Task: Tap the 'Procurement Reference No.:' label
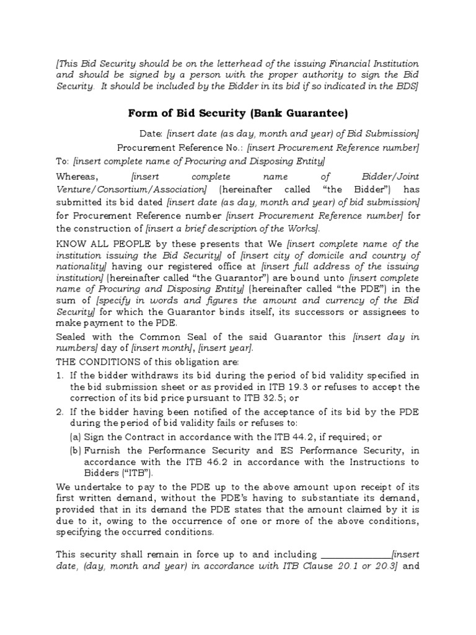180,148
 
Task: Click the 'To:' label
63,161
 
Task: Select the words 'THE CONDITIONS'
94,362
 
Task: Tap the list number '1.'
60,375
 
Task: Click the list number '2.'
60,412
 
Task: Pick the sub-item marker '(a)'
74,437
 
